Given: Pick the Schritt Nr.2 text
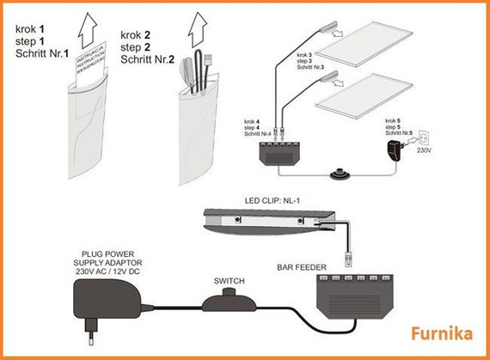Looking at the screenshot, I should pos(148,60).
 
